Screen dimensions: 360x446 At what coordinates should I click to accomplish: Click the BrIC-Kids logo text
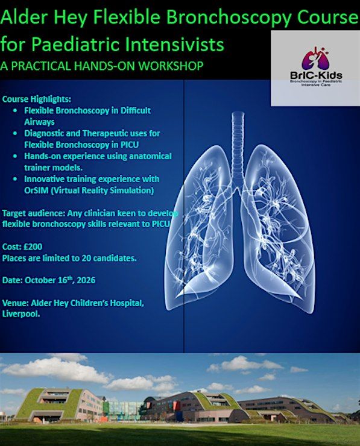point(316,75)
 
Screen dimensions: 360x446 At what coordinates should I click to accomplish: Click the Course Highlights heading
point(37,99)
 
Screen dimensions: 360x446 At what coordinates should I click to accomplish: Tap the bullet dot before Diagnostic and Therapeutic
point(15,133)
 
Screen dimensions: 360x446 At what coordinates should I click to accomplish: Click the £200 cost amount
point(33,247)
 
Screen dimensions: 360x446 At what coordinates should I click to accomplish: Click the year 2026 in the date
point(86,280)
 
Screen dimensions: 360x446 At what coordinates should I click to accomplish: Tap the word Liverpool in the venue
point(21,314)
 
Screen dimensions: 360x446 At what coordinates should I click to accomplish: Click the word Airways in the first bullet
point(39,122)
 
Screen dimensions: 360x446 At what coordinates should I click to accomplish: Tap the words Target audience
point(34,213)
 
